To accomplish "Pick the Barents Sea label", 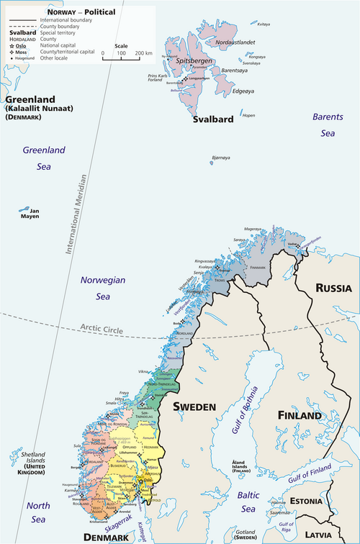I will coord(328,124).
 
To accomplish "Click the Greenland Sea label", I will coord(43,158).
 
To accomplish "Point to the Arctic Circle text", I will coord(102,330).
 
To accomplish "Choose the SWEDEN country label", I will coord(194,407).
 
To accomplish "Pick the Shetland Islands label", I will coord(27,467).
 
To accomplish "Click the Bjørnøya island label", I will coord(220,158).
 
